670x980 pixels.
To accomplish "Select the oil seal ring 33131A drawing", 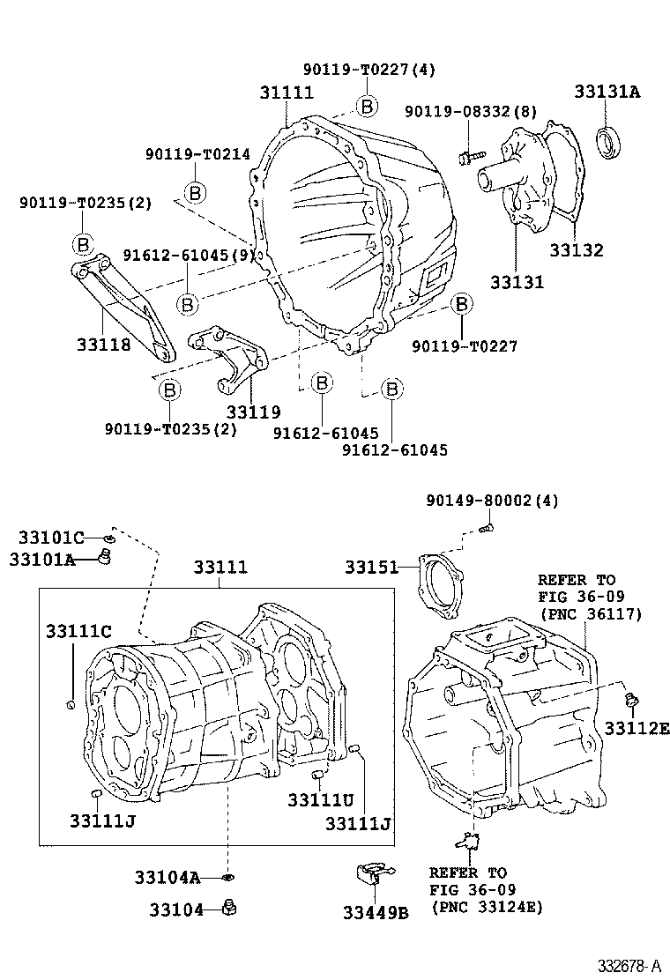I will (x=607, y=143).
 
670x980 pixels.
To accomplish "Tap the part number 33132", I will (x=576, y=250).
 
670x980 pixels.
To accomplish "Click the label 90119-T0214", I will (x=197, y=154).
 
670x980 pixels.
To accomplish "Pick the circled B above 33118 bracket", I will (x=82, y=243).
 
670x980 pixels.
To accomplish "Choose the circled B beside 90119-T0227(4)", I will (x=366, y=107).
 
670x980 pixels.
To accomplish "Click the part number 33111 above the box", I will (x=220, y=568).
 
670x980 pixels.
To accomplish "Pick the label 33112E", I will (x=636, y=727).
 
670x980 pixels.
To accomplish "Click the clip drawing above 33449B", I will (x=372, y=875).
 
